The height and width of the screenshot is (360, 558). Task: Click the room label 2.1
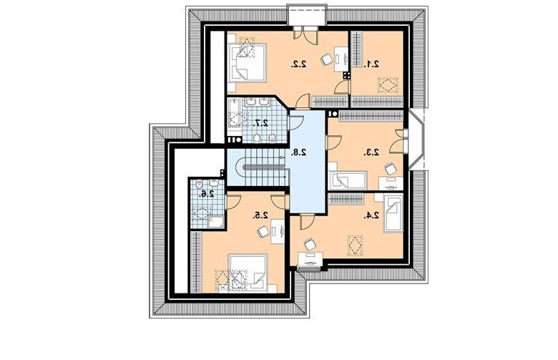pyautogui.click(x=371, y=64)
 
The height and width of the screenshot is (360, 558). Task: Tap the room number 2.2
pyautogui.click(x=298, y=64)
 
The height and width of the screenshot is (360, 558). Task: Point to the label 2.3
pyautogui.click(x=371, y=152)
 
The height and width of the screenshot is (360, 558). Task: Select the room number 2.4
pyautogui.click(x=371, y=215)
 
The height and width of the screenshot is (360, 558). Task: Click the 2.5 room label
pyautogui.click(x=261, y=215)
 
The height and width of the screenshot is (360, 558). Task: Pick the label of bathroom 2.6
pyautogui.click(x=207, y=194)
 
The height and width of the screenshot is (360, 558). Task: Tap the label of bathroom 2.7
pyautogui.click(x=261, y=123)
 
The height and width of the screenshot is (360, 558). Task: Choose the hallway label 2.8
pyautogui.click(x=298, y=152)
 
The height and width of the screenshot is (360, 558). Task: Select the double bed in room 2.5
pyautogui.click(x=248, y=273)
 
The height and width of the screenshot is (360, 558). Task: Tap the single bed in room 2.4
pyautogui.click(x=393, y=213)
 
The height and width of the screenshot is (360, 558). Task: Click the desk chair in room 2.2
pyautogui.click(x=326, y=59)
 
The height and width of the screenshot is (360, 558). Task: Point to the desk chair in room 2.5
pyautogui.click(x=263, y=232)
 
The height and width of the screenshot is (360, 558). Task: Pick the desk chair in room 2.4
pyautogui.click(x=309, y=244)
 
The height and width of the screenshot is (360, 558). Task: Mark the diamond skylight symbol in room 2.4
pyautogui.click(x=355, y=245)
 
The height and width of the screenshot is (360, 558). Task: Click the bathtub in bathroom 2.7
pyautogui.click(x=235, y=113)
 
